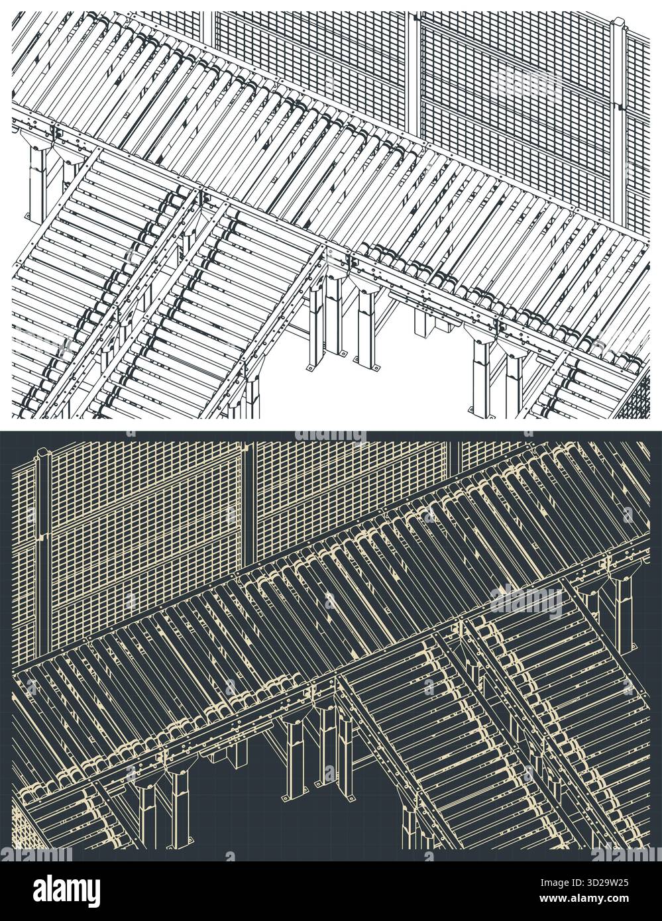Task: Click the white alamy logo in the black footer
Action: click(66, 891)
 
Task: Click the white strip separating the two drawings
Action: click(331, 425)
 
